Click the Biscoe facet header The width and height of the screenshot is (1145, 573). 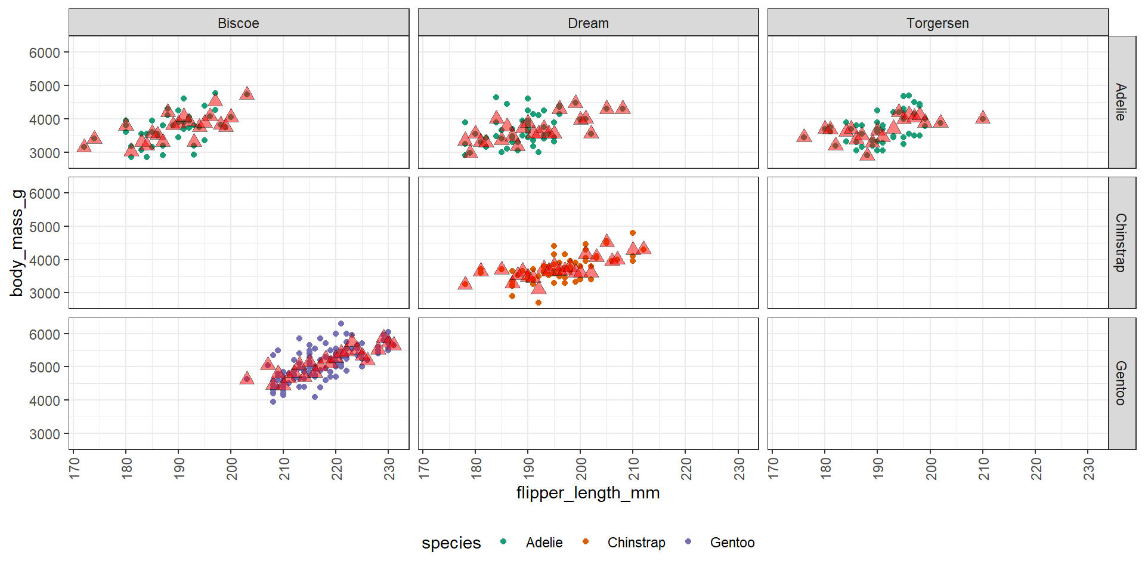click(x=239, y=23)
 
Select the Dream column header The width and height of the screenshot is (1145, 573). click(x=588, y=23)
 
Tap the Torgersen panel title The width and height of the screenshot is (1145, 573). click(x=937, y=23)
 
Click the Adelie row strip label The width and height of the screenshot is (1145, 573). click(x=1121, y=102)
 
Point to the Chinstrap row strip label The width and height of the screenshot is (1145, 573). click(x=1121, y=242)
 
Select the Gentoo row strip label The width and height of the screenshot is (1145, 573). click(x=1121, y=383)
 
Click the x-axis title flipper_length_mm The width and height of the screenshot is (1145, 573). click(x=588, y=493)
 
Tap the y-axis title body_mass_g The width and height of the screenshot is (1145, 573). click(x=17, y=243)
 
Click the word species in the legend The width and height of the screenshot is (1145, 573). click(x=451, y=543)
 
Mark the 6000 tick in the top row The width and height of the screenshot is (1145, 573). click(x=45, y=53)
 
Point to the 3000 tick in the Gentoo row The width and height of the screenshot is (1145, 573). click(x=45, y=434)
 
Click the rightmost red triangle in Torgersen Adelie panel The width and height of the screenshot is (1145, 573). click(x=983, y=118)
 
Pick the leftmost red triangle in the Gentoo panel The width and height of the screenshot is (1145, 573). click(x=247, y=378)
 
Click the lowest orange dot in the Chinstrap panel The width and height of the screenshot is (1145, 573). click(x=539, y=303)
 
